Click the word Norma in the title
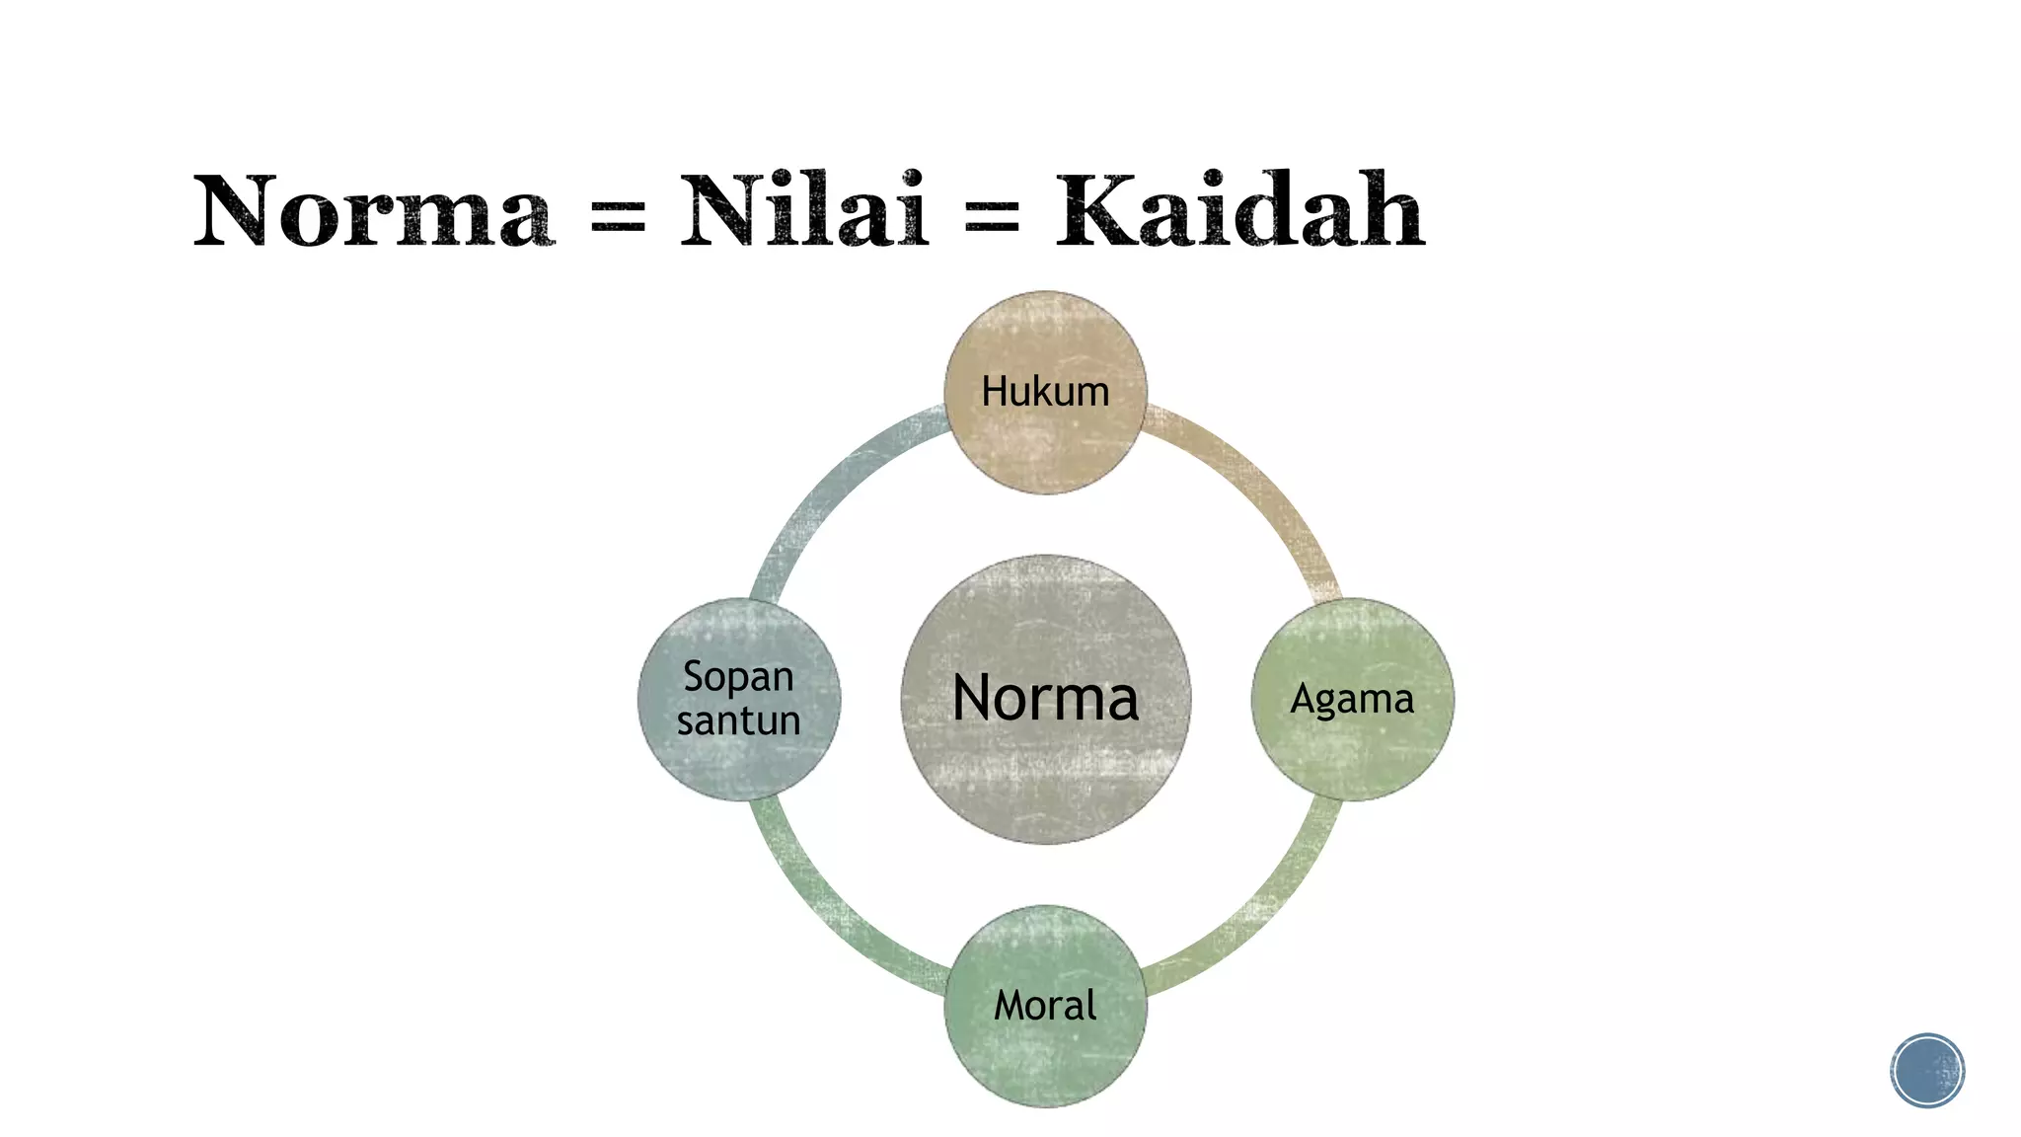pyautogui.click(x=373, y=211)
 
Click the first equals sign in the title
pyautogui.click(x=618, y=217)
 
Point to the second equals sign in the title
pyautogui.click(x=991, y=217)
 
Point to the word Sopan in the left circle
pyautogui.click(x=738, y=677)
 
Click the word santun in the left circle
pyautogui.click(x=738, y=720)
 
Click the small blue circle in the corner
pyautogui.click(x=1927, y=1070)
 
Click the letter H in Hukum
pyautogui.click(x=994, y=392)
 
